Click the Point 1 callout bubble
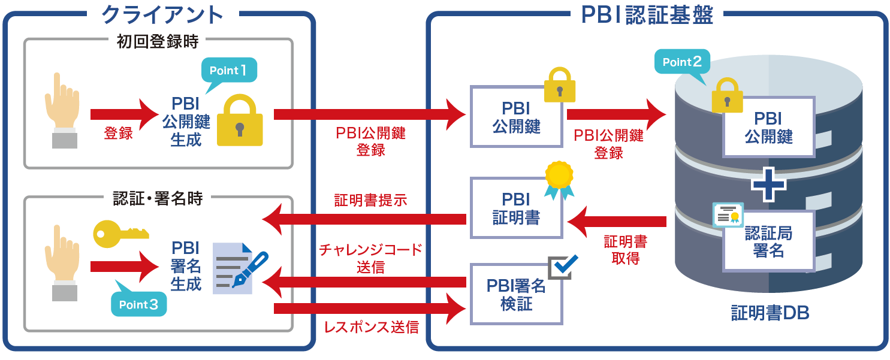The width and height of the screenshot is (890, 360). (228, 71)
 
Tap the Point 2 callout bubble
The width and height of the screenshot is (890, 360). (682, 62)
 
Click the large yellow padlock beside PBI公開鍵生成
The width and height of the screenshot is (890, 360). (240, 122)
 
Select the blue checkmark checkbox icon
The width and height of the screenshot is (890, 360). (563, 266)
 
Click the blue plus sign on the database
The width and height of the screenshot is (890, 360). (769, 185)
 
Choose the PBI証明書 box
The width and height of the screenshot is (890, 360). (516, 208)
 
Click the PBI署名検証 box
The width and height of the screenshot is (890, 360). (516, 294)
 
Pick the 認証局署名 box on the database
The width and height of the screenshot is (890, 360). (768, 241)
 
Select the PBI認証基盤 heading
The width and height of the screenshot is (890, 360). (647, 15)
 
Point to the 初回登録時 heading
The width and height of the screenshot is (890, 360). (158, 42)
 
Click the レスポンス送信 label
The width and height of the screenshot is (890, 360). (371, 327)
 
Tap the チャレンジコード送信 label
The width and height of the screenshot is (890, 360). (370, 258)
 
